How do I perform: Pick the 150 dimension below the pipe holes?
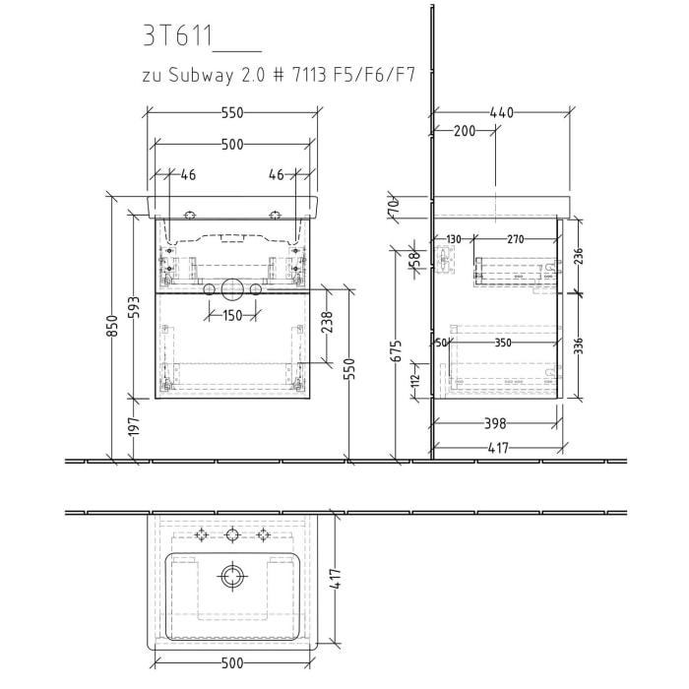coord(231,316)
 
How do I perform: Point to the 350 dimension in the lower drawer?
coord(503,343)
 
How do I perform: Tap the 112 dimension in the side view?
coord(415,380)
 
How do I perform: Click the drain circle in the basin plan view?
coord(232,577)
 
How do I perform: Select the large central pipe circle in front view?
coord(232,288)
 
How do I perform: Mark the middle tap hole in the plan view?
coord(232,534)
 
